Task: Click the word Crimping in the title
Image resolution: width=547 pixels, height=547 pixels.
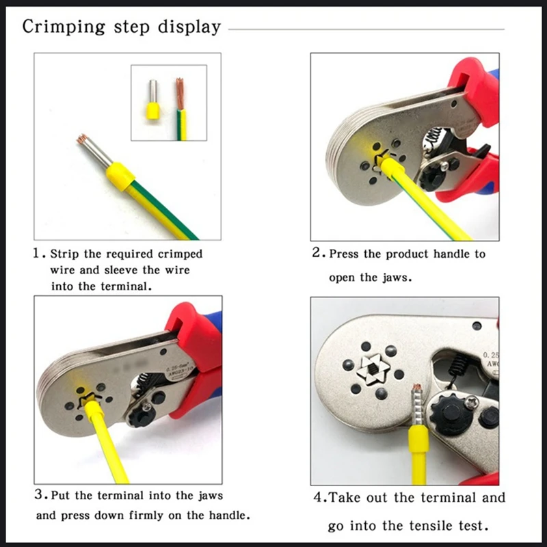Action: point(64,27)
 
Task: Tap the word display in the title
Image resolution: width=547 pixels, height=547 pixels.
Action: point(189,27)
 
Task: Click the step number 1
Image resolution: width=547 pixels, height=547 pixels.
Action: point(38,253)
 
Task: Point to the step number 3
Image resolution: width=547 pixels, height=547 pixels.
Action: point(39,494)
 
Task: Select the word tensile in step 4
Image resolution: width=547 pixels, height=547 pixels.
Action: point(431,525)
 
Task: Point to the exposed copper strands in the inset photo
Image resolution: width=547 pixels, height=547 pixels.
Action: point(180,93)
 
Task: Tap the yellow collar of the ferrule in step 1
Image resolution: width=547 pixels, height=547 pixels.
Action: point(120,176)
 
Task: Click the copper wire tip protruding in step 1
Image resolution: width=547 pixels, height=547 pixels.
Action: point(81,139)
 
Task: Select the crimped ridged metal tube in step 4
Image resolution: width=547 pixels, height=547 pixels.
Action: point(417,405)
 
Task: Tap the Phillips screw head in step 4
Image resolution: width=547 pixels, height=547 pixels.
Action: point(471,403)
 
